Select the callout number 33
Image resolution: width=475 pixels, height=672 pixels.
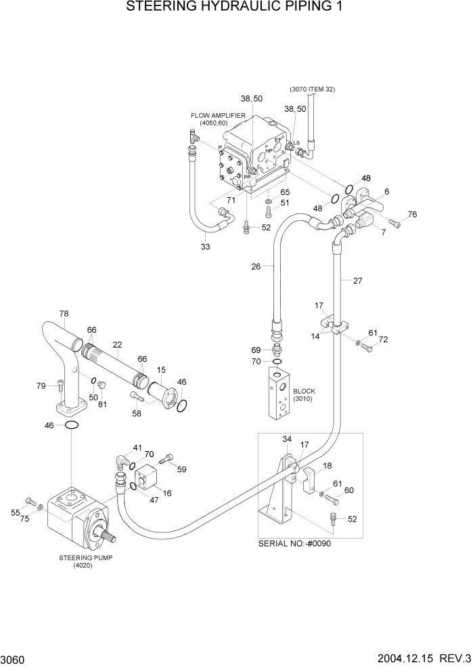(205, 247)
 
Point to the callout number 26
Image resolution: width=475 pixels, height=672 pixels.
(256, 266)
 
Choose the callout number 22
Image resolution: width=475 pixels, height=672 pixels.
(116, 344)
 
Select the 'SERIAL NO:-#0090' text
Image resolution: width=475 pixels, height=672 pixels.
(295, 544)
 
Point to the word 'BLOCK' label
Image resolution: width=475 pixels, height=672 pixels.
(304, 391)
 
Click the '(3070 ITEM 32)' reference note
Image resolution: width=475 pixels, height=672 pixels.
(312, 89)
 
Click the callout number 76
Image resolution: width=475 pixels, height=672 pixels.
(412, 215)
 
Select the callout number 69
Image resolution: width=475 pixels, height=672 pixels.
(255, 350)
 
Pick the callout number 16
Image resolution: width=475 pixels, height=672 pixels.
(166, 493)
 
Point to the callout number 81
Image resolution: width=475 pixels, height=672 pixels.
(103, 405)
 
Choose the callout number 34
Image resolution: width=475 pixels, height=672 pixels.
(287, 440)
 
